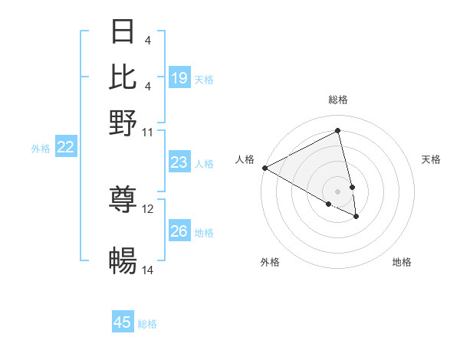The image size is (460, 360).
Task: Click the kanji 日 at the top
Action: [x=123, y=32]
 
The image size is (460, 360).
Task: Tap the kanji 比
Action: [x=123, y=77]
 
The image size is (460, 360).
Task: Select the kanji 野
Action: [x=123, y=122]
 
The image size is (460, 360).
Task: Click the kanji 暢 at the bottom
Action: [x=123, y=261]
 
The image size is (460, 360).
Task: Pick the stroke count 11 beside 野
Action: [x=148, y=132]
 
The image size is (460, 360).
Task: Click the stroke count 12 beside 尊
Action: [x=148, y=208]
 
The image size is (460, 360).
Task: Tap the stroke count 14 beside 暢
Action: [x=148, y=270]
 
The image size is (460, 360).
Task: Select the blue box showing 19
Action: [x=179, y=77]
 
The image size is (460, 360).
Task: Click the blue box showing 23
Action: [x=179, y=162]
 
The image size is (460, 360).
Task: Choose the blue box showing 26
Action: [x=179, y=231]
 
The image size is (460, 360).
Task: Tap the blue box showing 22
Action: [x=65, y=148]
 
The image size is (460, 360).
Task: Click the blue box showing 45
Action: [x=123, y=322]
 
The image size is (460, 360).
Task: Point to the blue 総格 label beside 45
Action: [x=147, y=324]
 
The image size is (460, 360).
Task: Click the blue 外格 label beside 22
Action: [x=41, y=149]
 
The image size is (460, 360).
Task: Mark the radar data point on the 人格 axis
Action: [x=264, y=168]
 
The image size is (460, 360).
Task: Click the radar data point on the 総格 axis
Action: [x=338, y=132]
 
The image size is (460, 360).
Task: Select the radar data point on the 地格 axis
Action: [x=356, y=217]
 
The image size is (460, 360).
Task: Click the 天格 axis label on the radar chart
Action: [x=431, y=159]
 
